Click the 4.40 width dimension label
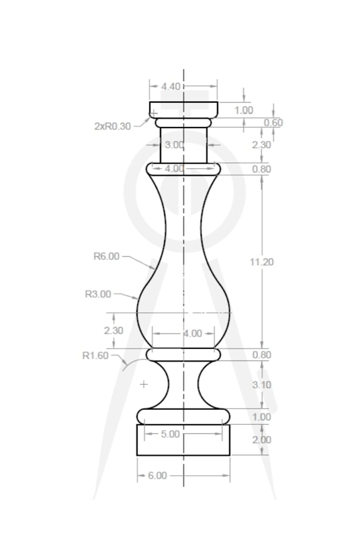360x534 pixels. (171, 86)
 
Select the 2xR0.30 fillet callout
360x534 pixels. (112, 126)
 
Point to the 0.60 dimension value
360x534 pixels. (273, 123)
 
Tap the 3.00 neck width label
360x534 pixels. (174, 144)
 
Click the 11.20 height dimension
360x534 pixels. (262, 261)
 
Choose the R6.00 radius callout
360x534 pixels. (106, 256)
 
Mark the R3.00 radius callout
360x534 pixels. (98, 294)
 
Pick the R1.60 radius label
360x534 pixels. (95, 356)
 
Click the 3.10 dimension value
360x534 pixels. (262, 385)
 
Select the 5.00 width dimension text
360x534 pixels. (170, 434)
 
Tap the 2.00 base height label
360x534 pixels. (262, 440)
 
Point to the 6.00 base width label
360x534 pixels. (157, 475)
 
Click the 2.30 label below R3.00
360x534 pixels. (113, 330)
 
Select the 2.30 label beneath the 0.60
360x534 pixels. (262, 144)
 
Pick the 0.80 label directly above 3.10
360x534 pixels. (262, 355)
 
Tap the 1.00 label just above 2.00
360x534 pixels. (262, 417)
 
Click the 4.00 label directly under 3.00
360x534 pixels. (174, 169)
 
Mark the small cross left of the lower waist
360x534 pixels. (143, 384)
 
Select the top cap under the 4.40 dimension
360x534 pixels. (183, 109)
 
